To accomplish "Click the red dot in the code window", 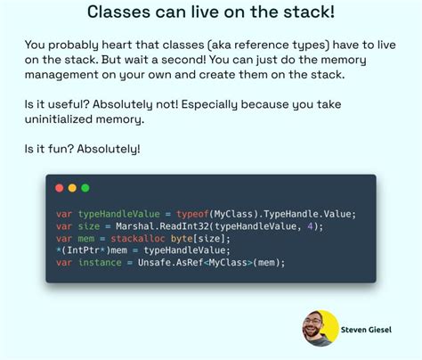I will pos(60,188).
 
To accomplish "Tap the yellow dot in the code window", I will pos(72,188).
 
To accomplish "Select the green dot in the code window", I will pos(85,188).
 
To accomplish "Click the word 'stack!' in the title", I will pos(306,12).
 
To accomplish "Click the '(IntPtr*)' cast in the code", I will pos(84,251).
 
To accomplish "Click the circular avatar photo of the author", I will pos(320,328).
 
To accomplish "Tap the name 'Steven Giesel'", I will pos(371,331).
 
